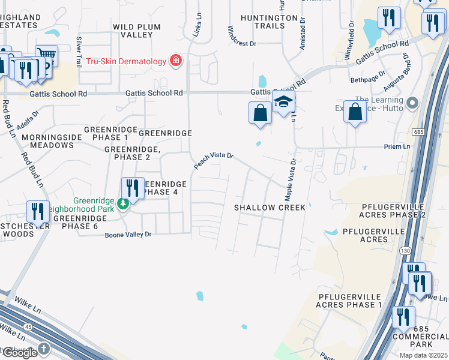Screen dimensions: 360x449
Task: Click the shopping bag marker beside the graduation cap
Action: coord(260,113)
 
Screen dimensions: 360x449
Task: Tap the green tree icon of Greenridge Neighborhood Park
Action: coord(122,203)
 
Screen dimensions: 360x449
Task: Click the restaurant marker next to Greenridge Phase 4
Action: coord(133,188)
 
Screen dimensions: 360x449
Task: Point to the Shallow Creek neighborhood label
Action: coord(270,208)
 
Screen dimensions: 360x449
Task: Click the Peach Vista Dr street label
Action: coord(213,160)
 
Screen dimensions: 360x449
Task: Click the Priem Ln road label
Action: coord(397,146)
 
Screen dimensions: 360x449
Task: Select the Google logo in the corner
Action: coord(19,353)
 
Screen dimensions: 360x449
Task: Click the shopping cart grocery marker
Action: coord(46,56)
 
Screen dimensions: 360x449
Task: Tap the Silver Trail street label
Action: coord(79,51)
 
